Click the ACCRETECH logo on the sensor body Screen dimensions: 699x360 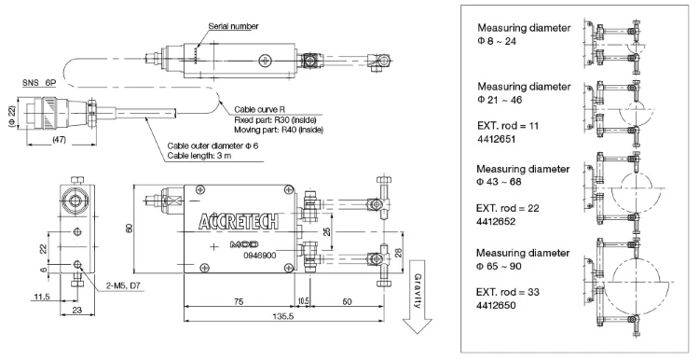(238, 221)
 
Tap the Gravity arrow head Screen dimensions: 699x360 (418, 326)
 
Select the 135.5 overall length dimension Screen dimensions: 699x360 (282, 315)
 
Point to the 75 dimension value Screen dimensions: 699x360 (239, 301)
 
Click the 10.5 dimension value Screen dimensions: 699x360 (303, 301)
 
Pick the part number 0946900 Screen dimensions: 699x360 (260, 256)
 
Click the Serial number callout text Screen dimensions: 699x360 (233, 26)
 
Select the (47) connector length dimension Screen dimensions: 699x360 (59, 140)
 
